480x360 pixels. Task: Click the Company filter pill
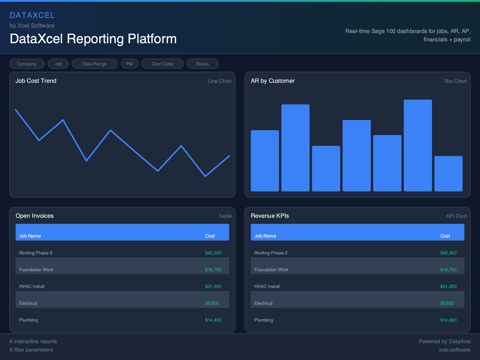[27, 64]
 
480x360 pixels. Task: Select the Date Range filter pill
[94, 64]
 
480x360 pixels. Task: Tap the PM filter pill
[129, 64]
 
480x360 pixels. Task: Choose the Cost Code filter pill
[162, 64]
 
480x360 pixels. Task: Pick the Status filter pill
[202, 64]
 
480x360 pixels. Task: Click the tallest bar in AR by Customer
[418, 145]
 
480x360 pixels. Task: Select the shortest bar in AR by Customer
[448, 173]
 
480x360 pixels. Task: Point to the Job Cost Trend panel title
[36, 81]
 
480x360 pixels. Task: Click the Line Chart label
[219, 81]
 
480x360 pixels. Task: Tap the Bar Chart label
[455, 81]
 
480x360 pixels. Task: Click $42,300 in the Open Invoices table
[213, 253]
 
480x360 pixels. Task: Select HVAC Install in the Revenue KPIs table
[267, 286]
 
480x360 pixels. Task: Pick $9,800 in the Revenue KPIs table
[447, 303]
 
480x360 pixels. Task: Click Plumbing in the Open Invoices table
[28, 320]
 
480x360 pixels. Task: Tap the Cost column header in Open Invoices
[210, 236]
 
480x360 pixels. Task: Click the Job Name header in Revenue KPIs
[265, 236]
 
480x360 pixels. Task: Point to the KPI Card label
[456, 216]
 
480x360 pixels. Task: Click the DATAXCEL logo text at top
[32, 15]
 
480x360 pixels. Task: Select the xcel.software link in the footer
[454, 350]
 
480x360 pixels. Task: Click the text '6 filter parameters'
[31, 350]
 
